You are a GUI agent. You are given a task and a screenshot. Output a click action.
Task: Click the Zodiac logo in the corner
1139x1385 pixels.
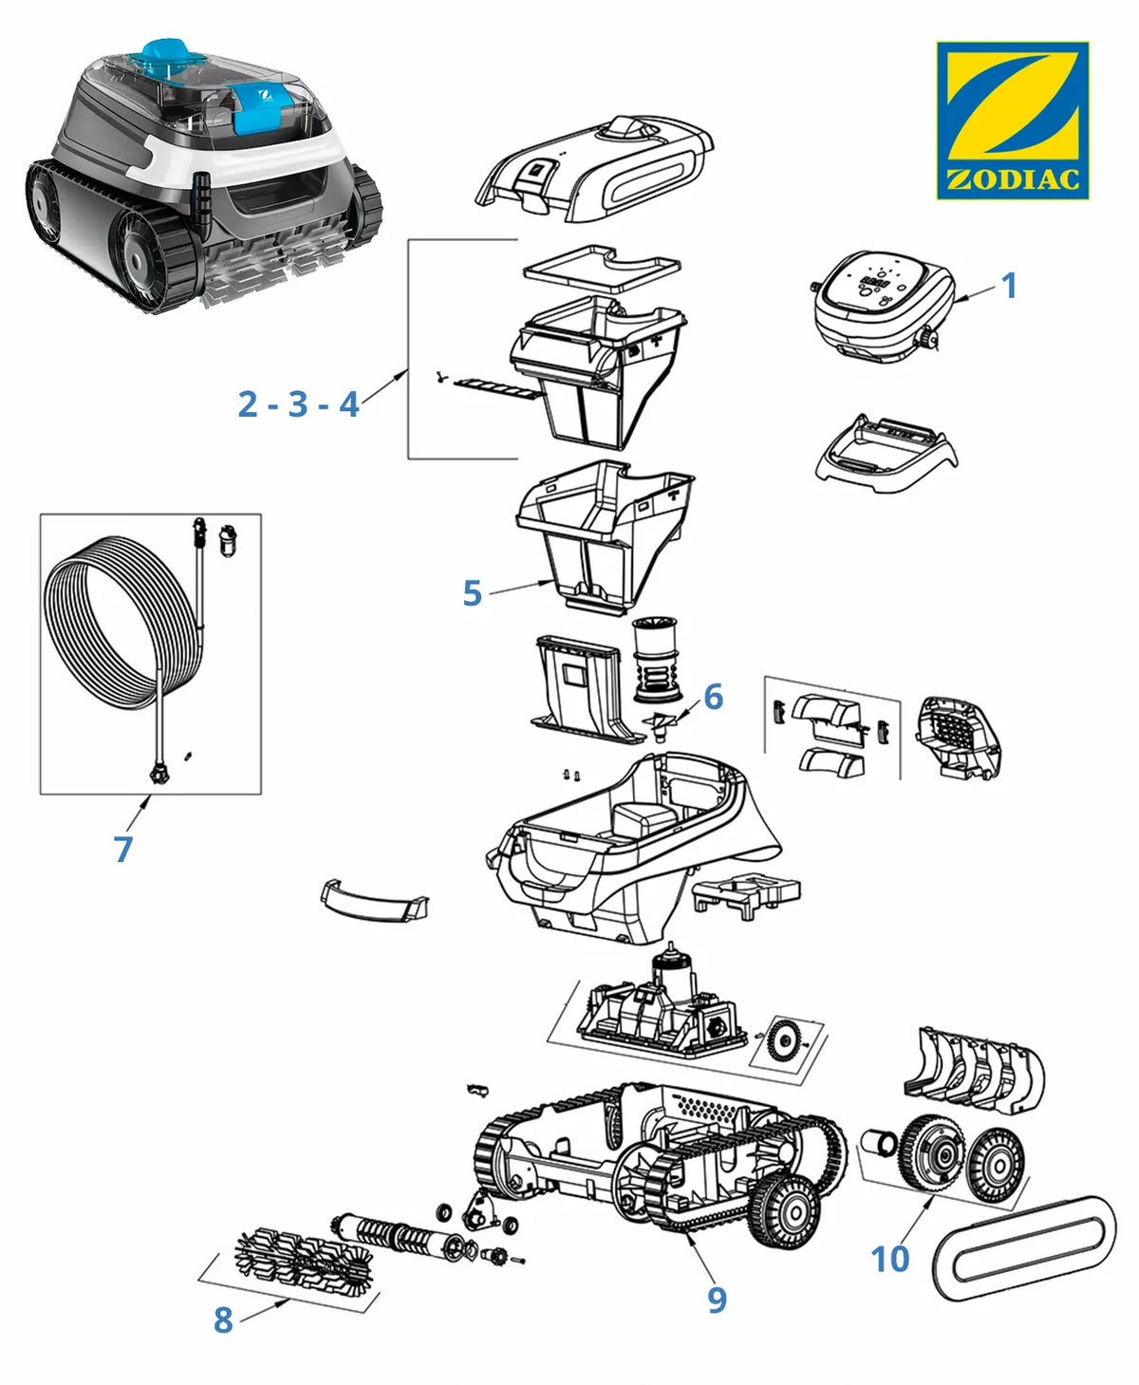pyautogui.click(x=1013, y=121)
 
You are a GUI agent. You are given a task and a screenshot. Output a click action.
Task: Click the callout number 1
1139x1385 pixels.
pyautogui.click(x=1010, y=286)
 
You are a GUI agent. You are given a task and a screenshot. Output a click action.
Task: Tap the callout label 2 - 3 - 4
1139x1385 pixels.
pyautogui.click(x=299, y=403)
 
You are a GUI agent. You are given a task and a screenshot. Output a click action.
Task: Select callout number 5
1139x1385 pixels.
pyautogui.click(x=472, y=593)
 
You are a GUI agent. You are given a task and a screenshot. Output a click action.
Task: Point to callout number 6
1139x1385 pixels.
pyautogui.click(x=713, y=696)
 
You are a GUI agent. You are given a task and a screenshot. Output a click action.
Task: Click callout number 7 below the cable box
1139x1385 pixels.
pyautogui.click(x=122, y=849)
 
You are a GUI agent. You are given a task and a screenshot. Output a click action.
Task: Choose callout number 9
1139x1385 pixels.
pyautogui.click(x=717, y=1299)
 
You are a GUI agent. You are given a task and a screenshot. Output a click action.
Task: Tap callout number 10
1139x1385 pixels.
pyautogui.click(x=889, y=1258)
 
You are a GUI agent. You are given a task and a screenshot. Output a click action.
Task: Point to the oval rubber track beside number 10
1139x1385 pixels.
pyautogui.click(x=1024, y=1245)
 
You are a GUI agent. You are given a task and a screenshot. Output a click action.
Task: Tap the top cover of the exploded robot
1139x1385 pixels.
pyautogui.click(x=594, y=169)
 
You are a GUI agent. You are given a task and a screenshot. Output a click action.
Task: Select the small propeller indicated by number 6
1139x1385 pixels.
pyautogui.click(x=661, y=722)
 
